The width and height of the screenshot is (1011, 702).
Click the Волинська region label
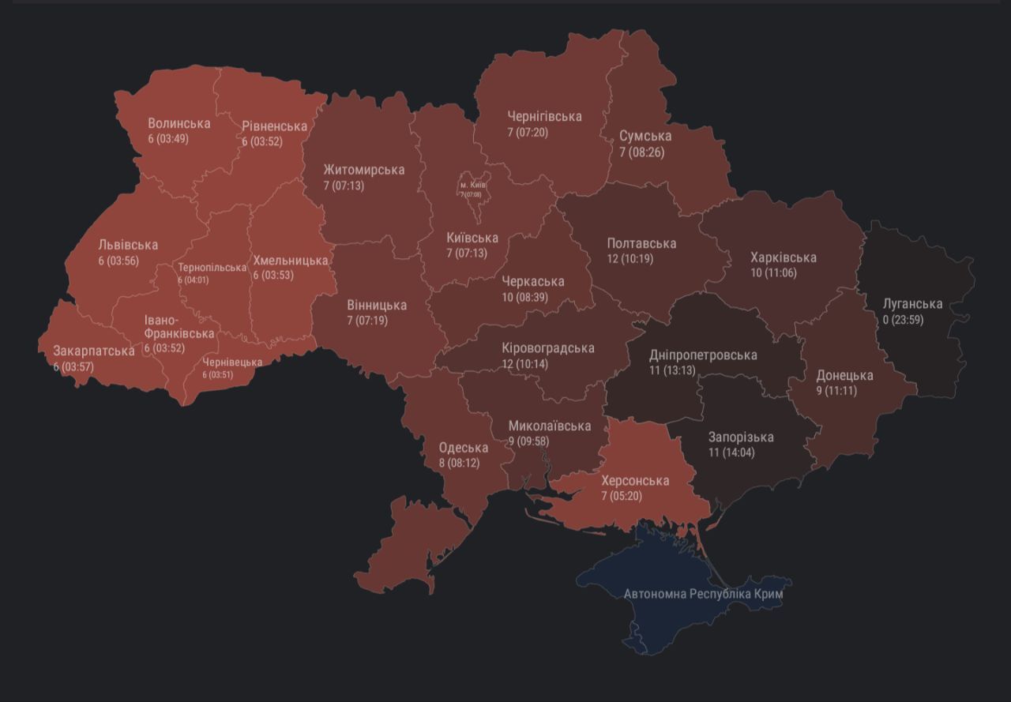pyautogui.click(x=179, y=123)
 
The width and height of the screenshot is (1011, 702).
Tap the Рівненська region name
pyautogui.click(x=274, y=126)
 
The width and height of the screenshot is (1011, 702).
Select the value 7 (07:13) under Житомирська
pyautogui.click(x=344, y=186)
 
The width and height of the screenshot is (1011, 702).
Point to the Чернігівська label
pyautogui.click(x=544, y=116)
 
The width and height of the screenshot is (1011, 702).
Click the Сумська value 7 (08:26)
pyautogui.click(x=641, y=152)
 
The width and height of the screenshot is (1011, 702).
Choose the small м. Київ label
pyautogui.click(x=472, y=185)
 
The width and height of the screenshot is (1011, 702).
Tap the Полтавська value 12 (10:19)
pyautogui.click(x=630, y=258)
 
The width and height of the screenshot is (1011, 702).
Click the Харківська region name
pyautogui.click(x=783, y=257)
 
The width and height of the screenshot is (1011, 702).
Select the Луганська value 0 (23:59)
pyautogui.click(x=903, y=320)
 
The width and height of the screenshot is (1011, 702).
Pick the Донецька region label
pyautogui.click(x=844, y=375)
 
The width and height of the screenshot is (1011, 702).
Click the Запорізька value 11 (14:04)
pyautogui.click(x=731, y=452)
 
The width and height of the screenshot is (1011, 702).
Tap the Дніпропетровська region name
pyautogui.click(x=703, y=355)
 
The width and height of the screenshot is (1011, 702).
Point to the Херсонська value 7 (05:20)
pyautogui.click(x=622, y=496)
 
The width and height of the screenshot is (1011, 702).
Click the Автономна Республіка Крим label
pyautogui.click(x=708, y=594)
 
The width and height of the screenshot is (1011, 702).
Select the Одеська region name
pyautogui.click(x=463, y=448)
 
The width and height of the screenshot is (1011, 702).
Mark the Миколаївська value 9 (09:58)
pyautogui.click(x=528, y=441)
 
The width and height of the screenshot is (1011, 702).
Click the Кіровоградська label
pyautogui.click(x=547, y=348)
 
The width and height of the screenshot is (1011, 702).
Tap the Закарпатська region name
pyautogui.click(x=93, y=351)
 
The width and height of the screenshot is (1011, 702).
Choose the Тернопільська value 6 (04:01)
pyautogui.click(x=194, y=280)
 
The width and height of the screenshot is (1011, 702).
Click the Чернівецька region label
pyautogui.click(x=232, y=362)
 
